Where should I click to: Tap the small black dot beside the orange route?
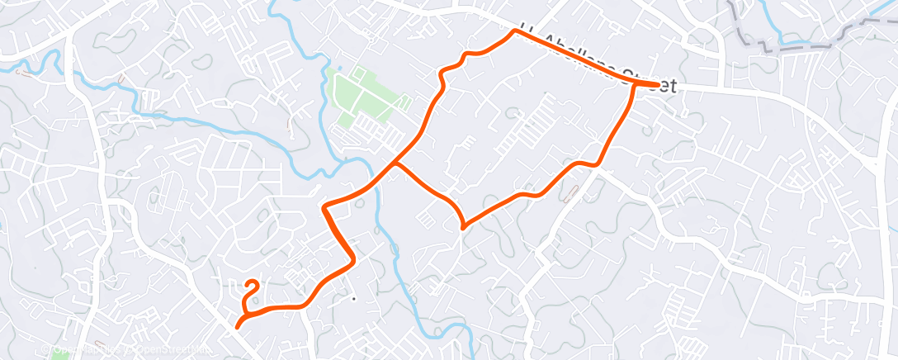[353, 298]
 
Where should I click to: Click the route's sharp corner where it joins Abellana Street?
[516, 31]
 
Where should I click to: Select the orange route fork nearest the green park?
[396, 163]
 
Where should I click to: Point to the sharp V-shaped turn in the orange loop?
[462, 225]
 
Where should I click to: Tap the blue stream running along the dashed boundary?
[792, 40]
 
